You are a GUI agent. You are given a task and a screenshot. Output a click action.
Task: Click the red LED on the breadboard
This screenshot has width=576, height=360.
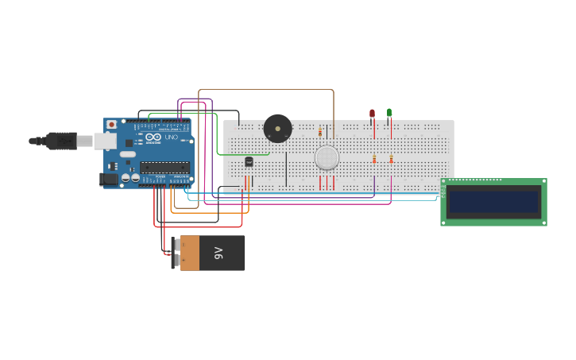click(x=372, y=114)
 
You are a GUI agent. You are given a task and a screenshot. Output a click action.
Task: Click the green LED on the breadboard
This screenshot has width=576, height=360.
click(x=389, y=113)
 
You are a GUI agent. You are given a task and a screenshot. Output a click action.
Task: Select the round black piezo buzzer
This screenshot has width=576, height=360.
click(x=277, y=128)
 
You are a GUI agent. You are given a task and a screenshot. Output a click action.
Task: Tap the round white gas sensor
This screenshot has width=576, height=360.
click(x=327, y=157)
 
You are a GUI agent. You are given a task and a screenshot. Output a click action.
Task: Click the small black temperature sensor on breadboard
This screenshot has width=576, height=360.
click(x=249, y=161)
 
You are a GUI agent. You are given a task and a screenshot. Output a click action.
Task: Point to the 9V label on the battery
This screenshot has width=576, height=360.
click(x=219, y=253)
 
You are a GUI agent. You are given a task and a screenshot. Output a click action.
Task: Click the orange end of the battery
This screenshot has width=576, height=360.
click(x=190, y=253)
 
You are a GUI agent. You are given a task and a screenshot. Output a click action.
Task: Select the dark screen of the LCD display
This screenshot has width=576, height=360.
click(x=493, y=202)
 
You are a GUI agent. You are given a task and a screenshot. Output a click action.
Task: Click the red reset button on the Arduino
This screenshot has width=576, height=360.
click(x=111, y=125)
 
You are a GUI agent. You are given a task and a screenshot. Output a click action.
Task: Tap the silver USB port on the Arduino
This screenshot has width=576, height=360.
click(x=105, y=141)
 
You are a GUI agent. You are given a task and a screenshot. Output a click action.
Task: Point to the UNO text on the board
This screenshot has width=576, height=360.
click(x=171, y=137)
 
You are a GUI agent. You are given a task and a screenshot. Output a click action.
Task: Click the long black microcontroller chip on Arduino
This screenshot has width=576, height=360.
click(x=164, y=167)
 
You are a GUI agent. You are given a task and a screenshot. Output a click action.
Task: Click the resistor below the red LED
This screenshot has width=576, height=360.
click(x=374, y=159)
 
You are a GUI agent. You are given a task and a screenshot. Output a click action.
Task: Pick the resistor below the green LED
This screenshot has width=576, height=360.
click(x=391, y=159)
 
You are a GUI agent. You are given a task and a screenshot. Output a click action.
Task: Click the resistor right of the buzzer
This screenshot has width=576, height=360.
click(x=320, y=132)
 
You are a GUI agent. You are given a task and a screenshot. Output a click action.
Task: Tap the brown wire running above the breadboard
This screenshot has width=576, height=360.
click(x=266, y=89)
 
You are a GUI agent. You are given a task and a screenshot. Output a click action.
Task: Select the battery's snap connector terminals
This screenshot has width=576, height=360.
click(x=176, y=253)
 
